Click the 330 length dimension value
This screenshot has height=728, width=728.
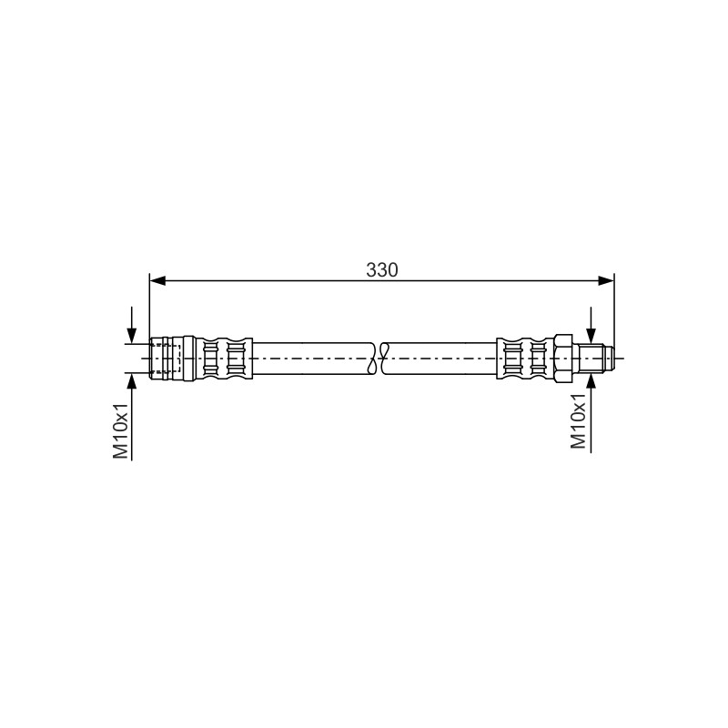point(381,269)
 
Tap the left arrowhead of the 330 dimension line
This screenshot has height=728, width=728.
point(157,280)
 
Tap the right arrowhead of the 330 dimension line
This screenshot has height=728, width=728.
point(606,280)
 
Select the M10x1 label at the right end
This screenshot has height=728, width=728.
point(578,421)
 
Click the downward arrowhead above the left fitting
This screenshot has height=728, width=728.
point(132,336)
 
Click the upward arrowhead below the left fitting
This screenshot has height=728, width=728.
point(132,380)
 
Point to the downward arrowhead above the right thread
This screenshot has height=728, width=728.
point(591,336)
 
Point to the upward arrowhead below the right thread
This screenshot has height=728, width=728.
point(591,380)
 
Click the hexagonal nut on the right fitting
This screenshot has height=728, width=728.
point(562,358)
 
